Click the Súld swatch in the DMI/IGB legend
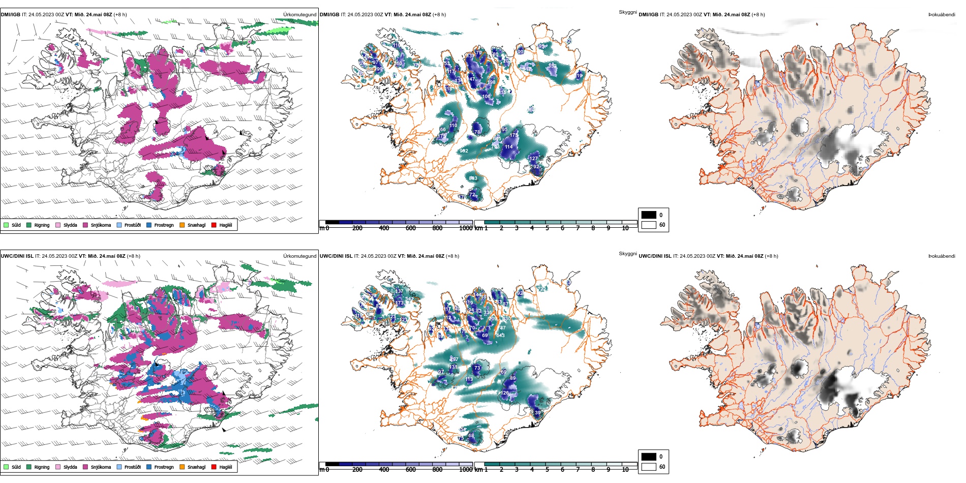(x=6, y=225)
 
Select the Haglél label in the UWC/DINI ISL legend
(x=226, y=467)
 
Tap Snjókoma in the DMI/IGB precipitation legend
(x=101, y=225)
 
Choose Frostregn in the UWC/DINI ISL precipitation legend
(x=164, y=467)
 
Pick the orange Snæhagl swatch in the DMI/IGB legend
(x=182, y=225)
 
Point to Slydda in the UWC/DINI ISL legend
(x=70, y=467)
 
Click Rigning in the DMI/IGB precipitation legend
(x=42, y=225)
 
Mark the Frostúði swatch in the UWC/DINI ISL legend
(x=119, y=467)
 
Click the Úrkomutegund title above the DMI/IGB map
(x=299, y=15)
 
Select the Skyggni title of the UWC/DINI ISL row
(x=627, y=253)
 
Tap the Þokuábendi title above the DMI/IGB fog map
(x=942, y=15)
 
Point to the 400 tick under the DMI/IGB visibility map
(x=384, y=228)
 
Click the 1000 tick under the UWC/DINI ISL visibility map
(x=466, y=470)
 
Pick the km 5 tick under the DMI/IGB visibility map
(x=547, y=228)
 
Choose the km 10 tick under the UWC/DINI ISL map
(x=625, y=470)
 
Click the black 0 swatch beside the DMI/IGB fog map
(x=649, y=215)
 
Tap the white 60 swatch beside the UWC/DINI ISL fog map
(x=649, y=467)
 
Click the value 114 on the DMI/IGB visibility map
(x=509, y=147)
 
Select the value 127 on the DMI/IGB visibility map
(x=533, y=159)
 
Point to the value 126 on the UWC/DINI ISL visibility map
(x=505, y=393)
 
